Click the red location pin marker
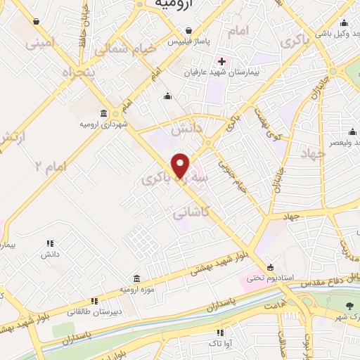(181, 166)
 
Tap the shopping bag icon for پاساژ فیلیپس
(188, 30)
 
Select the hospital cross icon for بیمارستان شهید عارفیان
(221, 62)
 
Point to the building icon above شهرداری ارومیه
(104, 113)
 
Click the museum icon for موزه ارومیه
(137, 278)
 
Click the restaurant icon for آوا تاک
(220, 333)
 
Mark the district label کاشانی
(188, 212)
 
